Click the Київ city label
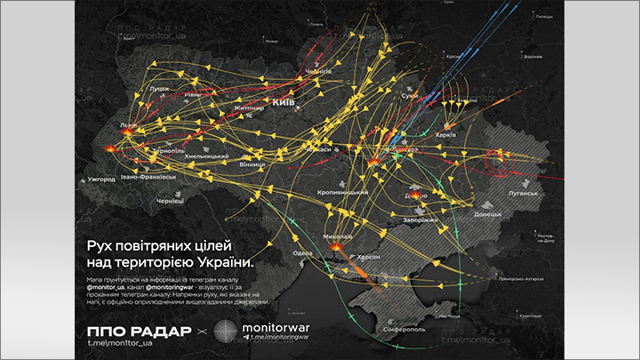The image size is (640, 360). (x=284, y=104)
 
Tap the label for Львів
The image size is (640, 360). (x=130, y=125)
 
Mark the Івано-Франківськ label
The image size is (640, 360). (x=149, y=178)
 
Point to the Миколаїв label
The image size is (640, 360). (x=338, y=237)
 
